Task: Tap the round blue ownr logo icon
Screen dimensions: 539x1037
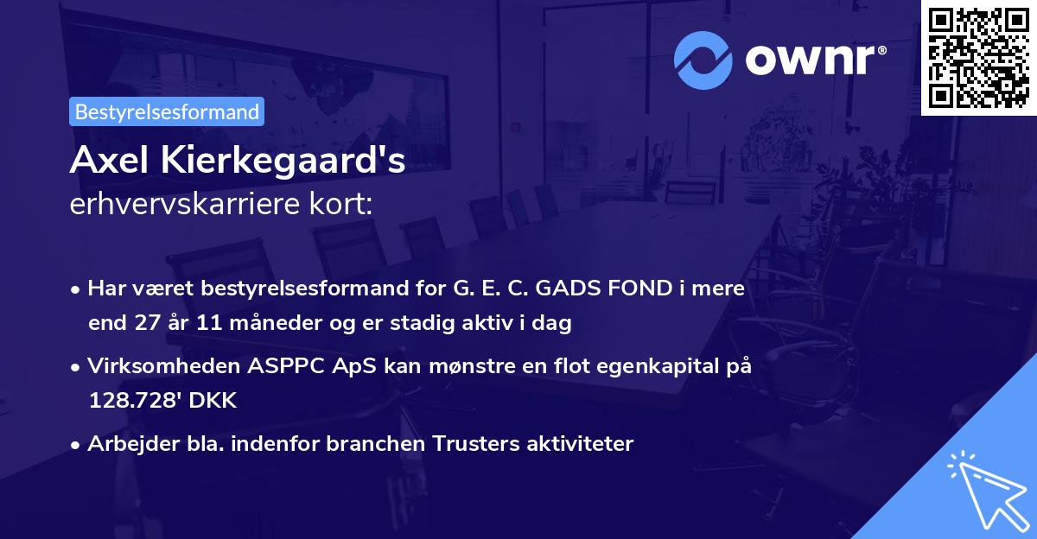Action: tap(703, 60)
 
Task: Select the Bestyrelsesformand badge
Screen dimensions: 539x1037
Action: tap(167, 111)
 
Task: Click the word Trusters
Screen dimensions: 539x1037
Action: tap(473, 444)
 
